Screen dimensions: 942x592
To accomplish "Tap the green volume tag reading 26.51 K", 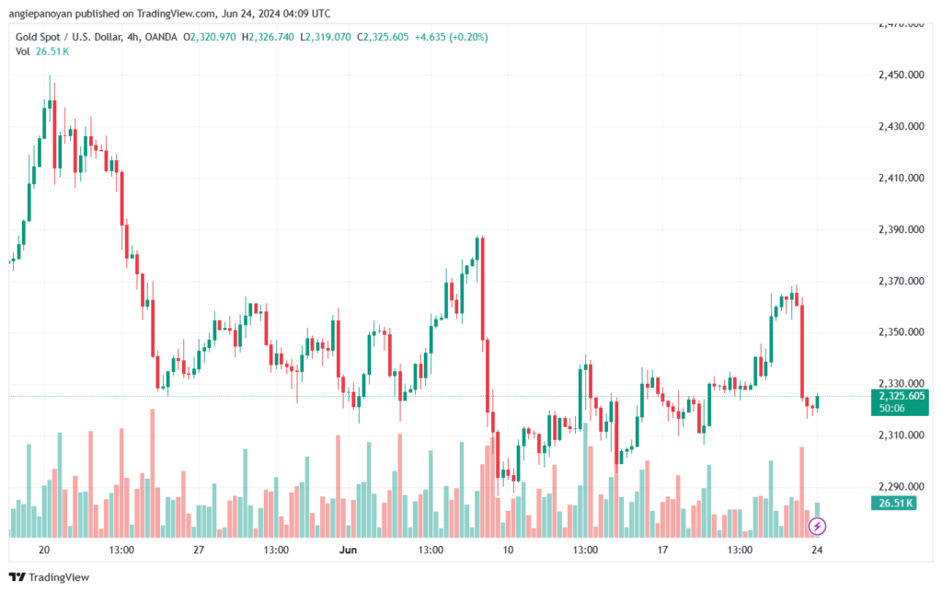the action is [894, 503].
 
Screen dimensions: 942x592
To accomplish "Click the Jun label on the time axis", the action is [348, 550].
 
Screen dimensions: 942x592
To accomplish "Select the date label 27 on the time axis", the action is [199, 550].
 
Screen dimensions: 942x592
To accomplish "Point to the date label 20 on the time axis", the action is [44, 550].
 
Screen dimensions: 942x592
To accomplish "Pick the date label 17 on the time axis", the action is [662, 550].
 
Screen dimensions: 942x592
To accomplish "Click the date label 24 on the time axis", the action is [817, 550].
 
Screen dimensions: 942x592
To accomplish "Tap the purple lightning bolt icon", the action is [817, 527].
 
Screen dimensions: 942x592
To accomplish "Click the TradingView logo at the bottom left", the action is [50, 577].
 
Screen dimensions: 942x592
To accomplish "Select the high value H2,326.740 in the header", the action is [268, 37].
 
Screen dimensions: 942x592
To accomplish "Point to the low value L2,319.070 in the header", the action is [326, 37].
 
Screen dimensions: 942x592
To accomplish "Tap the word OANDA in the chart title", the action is [161, 37].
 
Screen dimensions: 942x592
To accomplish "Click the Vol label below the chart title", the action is [23, 52].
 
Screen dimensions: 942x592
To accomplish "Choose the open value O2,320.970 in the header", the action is [209, 37].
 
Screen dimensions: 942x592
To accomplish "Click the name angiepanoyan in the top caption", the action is [40, 14].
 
